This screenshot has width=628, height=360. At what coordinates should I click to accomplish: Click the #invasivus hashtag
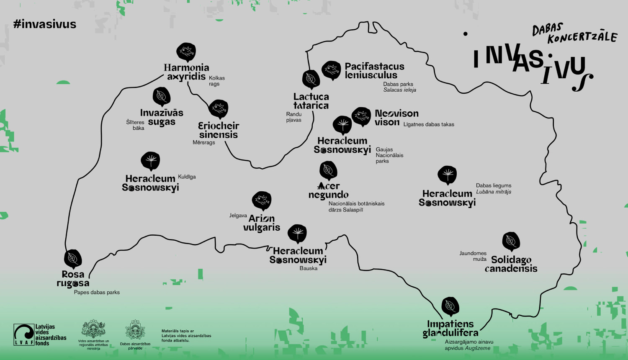click(x=45, y=24)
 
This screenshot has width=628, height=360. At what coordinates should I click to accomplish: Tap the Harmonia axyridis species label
click(x=186, y=72)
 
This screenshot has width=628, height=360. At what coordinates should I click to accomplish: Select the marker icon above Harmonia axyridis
click(x=186, y=52)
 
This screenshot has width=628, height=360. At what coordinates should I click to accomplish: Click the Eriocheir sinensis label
click(x=219, y=130)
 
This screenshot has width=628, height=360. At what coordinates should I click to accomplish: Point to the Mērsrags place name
click(x=204, y=143)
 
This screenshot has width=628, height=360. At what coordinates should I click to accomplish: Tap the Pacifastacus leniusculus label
click(x=374, y=71)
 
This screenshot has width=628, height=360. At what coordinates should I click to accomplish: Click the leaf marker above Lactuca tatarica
click(x=311, y=79)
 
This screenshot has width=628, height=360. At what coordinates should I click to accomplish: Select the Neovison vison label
click(x=396, y=118)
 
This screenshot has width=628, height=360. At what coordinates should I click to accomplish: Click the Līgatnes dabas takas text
click(x=429, y=124)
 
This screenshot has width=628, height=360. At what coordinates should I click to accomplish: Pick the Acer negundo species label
click(x=329, y=190)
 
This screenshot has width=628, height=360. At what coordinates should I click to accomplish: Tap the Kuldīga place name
click(x=187, y=177)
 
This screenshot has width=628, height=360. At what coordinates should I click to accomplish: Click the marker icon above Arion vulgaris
click(x=262, y=201)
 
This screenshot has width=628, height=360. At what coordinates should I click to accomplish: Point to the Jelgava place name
click(x=238, y=216)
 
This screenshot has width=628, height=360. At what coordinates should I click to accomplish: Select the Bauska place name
click(x=309, y=268)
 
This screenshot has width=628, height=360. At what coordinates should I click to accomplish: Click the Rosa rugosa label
click(x=73, y=279)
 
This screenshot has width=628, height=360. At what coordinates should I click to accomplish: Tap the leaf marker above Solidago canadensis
click(x=511, y=241)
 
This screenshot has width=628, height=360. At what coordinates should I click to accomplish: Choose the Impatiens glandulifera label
click(x=450, y=329)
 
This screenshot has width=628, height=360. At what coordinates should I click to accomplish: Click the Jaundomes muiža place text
click(x=473, y=256)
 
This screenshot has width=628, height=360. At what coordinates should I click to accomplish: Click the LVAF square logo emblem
click(x=24, y=334)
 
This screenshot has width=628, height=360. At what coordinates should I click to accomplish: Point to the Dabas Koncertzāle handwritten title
click(x=574, y=34)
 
